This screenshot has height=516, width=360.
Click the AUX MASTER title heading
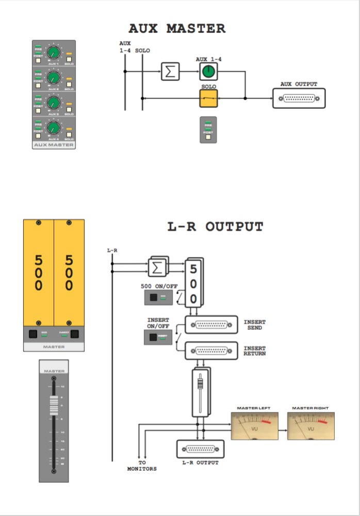177,28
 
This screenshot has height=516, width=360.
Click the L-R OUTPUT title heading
216,227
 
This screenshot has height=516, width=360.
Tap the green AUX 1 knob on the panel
53,52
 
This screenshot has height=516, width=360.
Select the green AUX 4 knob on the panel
53,128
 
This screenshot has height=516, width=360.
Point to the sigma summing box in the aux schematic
169,71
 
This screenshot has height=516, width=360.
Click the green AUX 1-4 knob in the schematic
208,71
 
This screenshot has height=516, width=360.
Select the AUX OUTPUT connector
299,98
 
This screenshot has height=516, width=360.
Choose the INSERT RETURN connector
211,351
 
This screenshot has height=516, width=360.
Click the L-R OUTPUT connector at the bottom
200,450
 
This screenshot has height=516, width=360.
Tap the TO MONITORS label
142,466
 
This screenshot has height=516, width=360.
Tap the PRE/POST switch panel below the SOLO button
208,129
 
